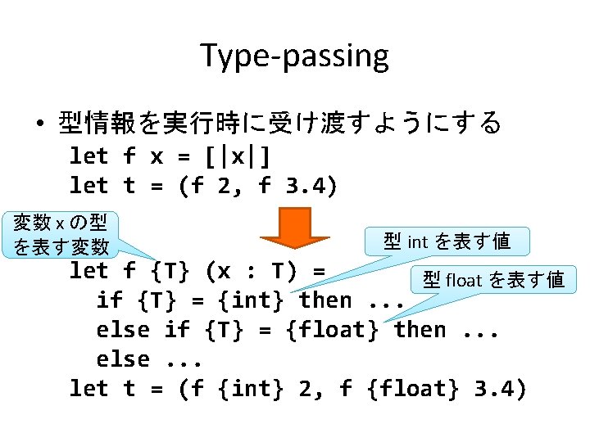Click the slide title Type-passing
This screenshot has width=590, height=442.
[294, 56]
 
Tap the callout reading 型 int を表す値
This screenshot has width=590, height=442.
[447, 241]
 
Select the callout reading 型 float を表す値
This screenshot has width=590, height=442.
[492, 280]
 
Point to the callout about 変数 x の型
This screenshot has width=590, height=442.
[61, 233]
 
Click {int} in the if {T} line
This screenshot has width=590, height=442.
[251, 300]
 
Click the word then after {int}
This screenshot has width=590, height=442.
[325, 300]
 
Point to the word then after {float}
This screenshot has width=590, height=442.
[420, 330]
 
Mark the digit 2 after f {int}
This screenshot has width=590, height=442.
[305, 389]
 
